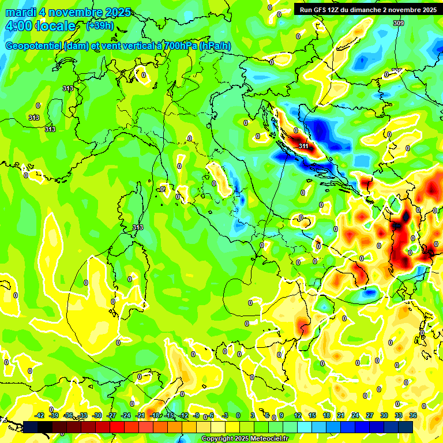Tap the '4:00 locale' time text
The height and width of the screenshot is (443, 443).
coord(39,26)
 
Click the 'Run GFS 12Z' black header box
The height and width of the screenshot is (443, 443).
coord(368,10)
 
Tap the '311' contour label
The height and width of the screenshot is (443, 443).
coord(304,147)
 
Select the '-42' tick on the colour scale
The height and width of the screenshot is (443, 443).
coord(40,415)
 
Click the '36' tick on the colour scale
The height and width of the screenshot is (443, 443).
coord(413,415)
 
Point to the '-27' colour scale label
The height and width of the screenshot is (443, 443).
coord(111,415)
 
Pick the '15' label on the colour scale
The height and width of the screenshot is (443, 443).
coord(312,415)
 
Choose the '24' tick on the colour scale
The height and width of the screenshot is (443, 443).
coord(355,415)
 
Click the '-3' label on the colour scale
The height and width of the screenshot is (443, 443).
coord(226,415)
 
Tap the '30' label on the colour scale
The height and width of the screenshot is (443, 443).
coord(384,415)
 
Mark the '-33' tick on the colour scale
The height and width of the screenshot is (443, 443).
coord(82,415)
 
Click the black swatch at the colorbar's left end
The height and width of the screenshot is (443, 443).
coord(31,427)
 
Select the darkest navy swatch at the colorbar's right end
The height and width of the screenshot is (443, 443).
coord(406,427)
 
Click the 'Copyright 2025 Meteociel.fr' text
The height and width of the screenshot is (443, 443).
coord(245,439)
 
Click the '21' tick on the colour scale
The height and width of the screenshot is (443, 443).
coord(341,415)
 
